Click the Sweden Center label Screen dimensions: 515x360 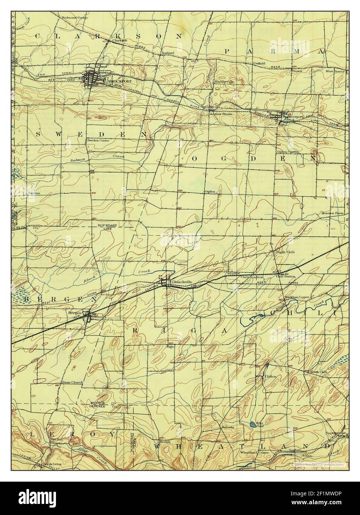pyautogui.click(x=98, y=141)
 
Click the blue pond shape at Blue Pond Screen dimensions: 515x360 pyautogui.click(x=252, y=423)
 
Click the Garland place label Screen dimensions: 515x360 pyautogui.click(x=168, y=53)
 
